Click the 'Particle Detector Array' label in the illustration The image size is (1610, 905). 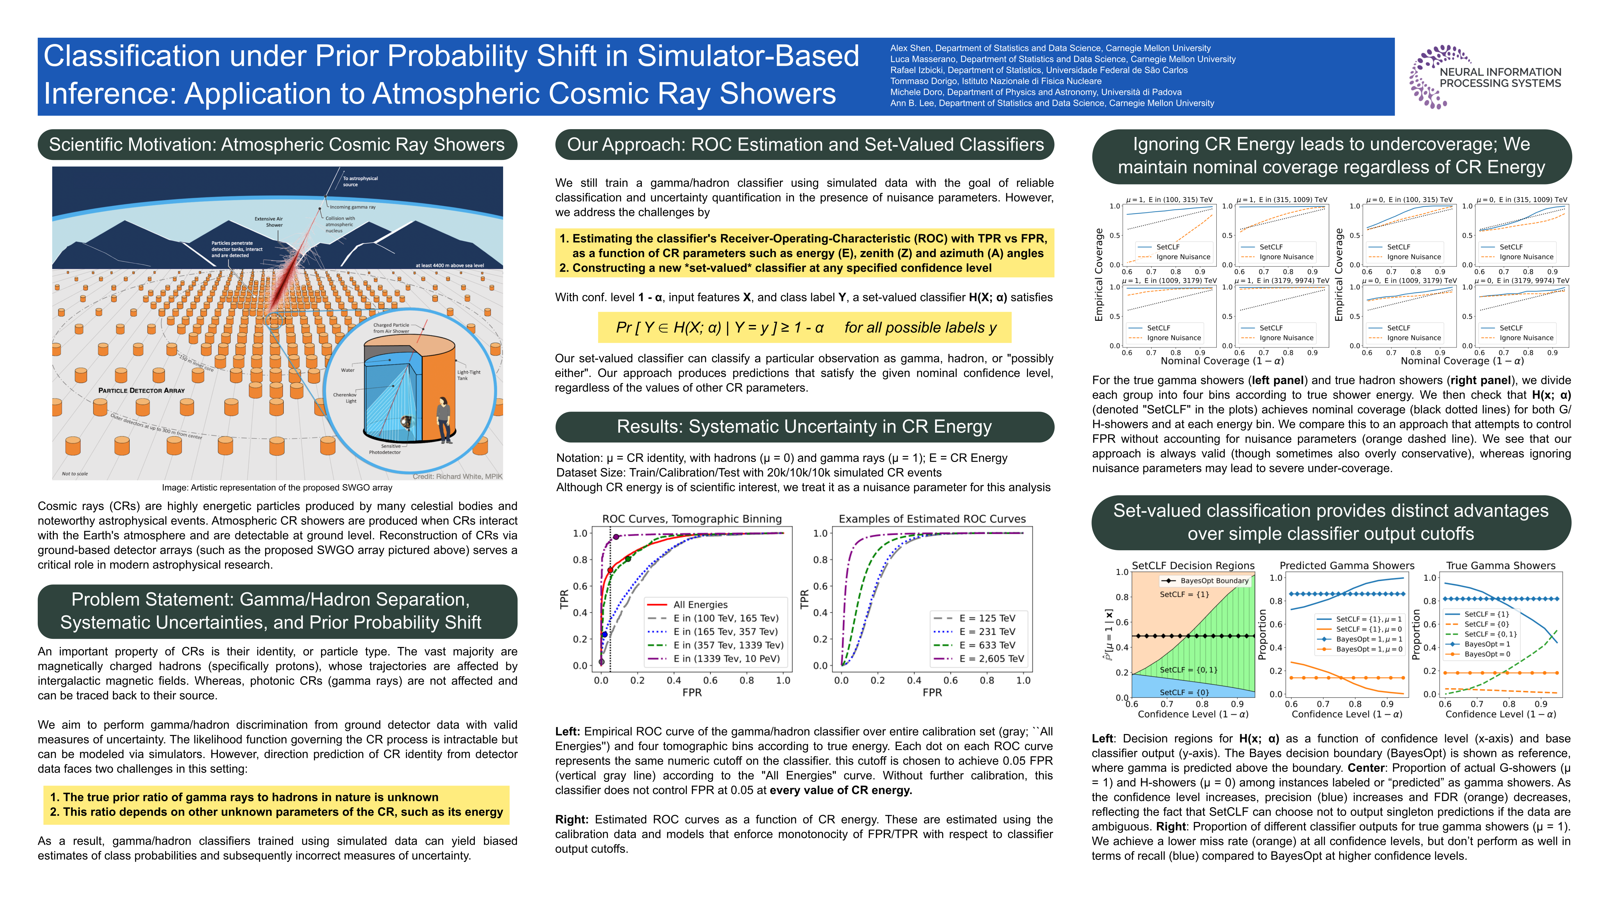[141, 390]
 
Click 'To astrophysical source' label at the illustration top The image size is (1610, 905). [360, 181]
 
